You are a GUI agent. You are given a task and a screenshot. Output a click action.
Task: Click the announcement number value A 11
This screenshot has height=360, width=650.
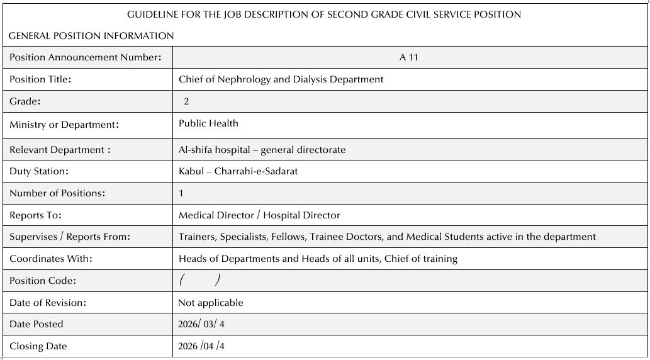[408, 57]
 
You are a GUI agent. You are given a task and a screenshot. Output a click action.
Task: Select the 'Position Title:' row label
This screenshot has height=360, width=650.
[40, 79]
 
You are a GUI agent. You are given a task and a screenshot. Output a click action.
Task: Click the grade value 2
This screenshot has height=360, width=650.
[186, 101]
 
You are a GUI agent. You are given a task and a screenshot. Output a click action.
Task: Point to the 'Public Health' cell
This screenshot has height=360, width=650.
[208, 123]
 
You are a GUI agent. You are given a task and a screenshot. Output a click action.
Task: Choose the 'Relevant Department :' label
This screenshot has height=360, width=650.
[60, 150]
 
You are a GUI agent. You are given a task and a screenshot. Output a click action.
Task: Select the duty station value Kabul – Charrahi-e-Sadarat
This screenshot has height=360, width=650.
[238, 171]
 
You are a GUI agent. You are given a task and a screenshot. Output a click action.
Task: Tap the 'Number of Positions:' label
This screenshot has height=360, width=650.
[57, 193]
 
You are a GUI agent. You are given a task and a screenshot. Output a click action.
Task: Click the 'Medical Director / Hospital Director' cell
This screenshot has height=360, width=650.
[259, 215]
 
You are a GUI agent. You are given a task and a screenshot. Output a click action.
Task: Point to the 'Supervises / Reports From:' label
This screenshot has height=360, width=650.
[70, 237]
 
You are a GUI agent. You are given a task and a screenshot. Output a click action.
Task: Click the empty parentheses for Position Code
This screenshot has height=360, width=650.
[199, 280]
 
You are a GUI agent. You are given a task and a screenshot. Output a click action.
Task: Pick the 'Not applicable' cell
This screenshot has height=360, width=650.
[211, 303]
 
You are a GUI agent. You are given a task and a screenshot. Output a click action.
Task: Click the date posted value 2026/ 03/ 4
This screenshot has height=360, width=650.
[201, 324]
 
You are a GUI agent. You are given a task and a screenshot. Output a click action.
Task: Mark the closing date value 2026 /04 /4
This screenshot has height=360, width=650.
[201, 346]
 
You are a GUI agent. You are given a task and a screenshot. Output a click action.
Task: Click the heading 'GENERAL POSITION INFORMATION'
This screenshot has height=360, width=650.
[91, 36]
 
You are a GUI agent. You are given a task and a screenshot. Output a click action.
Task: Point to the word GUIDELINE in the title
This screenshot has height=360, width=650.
[153, 14]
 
